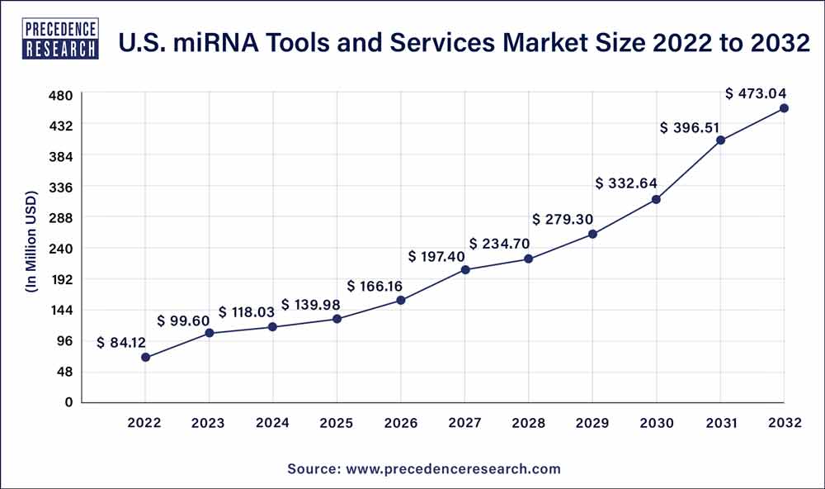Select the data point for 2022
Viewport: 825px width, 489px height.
point(145,358)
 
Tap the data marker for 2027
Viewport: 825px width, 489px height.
point(465,270)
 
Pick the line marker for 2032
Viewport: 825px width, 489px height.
point(784,108)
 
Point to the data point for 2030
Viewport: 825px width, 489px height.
point(657,199)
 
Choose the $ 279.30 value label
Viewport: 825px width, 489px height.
point(563,220)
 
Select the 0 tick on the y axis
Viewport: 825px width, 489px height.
point(69,402)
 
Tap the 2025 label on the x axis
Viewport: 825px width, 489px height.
point(337,423)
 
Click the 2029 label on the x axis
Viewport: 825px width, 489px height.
point(592,423)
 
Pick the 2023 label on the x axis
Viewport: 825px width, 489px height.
point(209,423)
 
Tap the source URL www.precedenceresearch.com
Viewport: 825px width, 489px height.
point(453,468)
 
